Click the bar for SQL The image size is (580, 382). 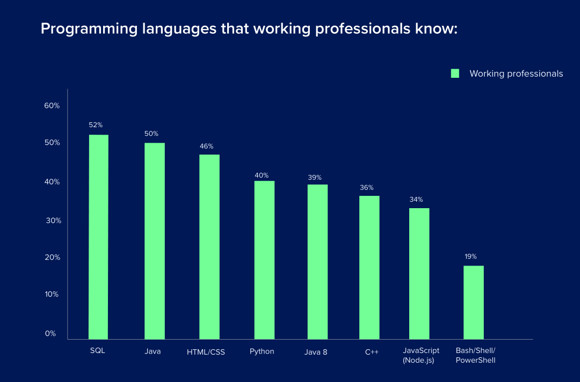pos(99,237)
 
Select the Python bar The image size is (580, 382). pos(264,260)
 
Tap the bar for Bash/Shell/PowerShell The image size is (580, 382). pos(474,302)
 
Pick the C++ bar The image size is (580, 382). pos(369,267)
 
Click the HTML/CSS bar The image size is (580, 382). pos(209,247)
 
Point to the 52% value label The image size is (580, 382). pos(96,125)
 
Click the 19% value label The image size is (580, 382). pos(470,256)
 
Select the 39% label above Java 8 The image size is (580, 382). pos(315,178)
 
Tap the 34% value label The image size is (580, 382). pos(416,200)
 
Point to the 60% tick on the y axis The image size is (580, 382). pos(52,106)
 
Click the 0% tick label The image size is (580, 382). pos(50,333)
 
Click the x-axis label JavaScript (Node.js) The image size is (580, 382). pos(421,355)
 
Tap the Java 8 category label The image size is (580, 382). pos(316,352)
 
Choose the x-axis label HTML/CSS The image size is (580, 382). pos(206,352)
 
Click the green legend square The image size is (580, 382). pos(455,74)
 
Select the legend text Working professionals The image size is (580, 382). pos(516,74)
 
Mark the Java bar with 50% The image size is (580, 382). pos(155,241)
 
